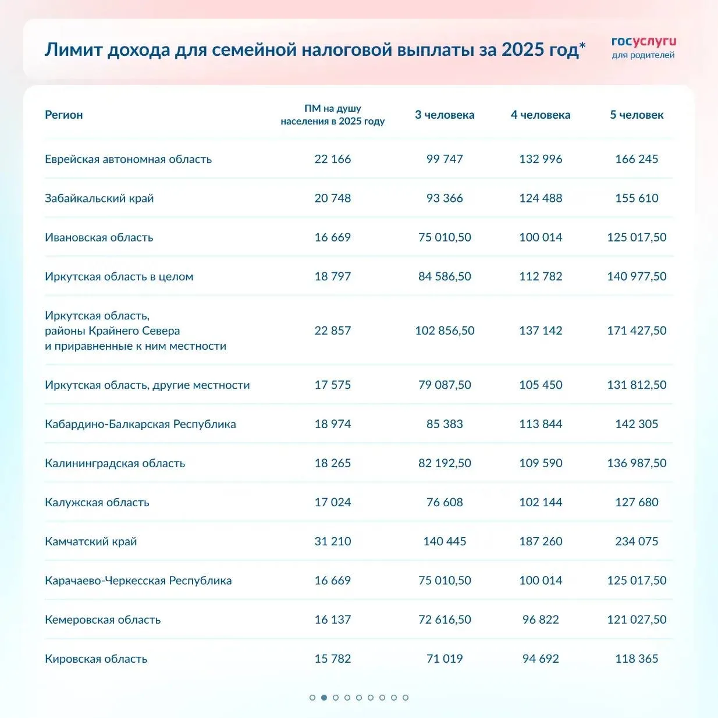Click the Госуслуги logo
coord(644,48)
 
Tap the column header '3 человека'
coord(445,115)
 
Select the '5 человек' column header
coord(637,115)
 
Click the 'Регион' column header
coord(64,115)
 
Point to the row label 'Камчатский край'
coord(91,541)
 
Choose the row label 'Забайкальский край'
coord(99,198)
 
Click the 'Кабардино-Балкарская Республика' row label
coord(140,424)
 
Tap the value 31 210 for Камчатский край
coord(333,541)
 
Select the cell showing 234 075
coord(637,541)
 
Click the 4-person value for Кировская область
coord(541,659)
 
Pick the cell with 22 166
coord(333,159)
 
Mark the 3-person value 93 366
coord(445,198)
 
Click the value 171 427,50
coord(637,330)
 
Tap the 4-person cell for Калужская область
coord(541,502)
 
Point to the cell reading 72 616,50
coord(445,620)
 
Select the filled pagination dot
coord(324,697)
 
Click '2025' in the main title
coord(522,49)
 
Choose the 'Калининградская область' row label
coord(115,463)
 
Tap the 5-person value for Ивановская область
coord(637,237)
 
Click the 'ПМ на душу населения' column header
coord(333,115)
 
